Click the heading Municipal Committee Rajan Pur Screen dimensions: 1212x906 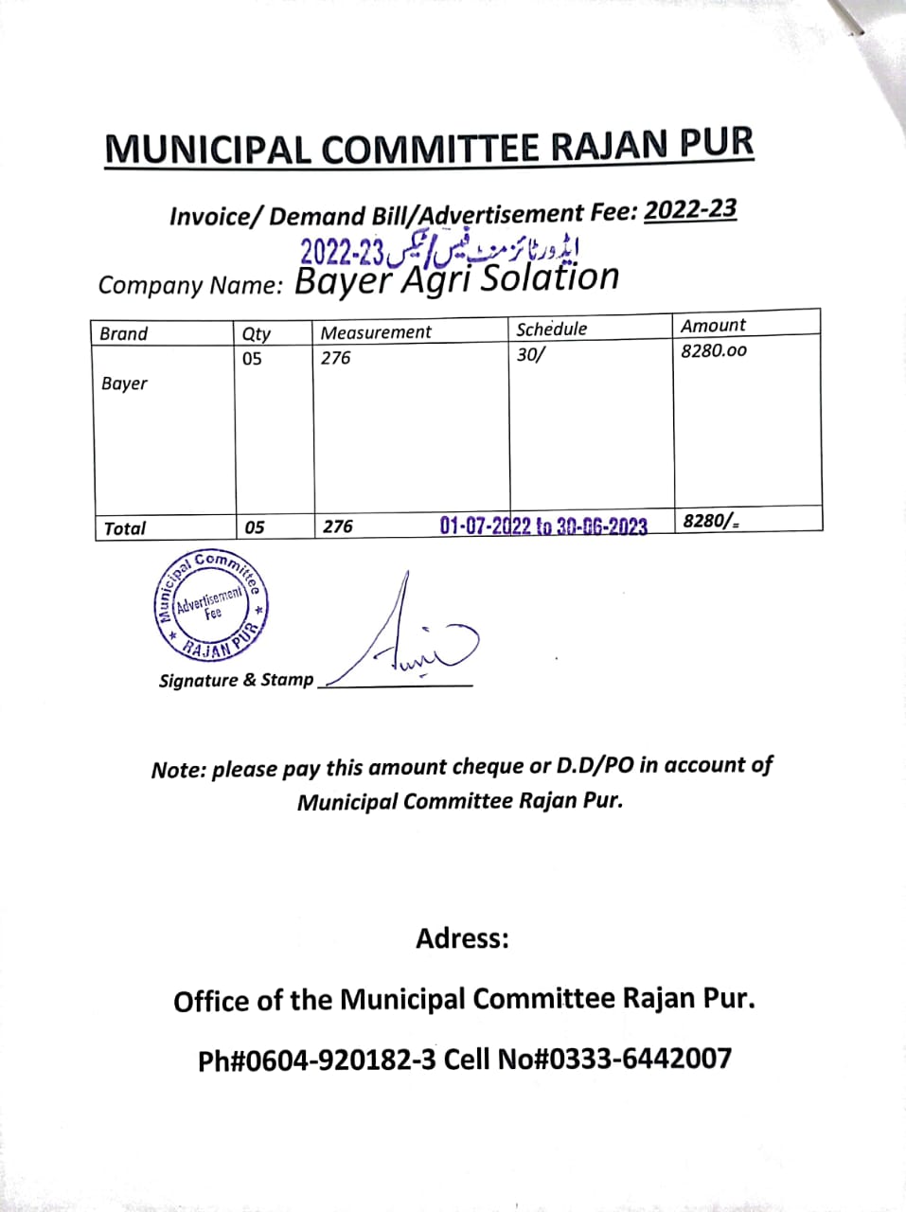[x=429, y=148]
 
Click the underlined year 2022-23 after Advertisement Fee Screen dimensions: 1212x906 [x=689, y=209]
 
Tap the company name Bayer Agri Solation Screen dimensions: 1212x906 [x=456, y=278]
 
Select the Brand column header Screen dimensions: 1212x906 [x=124, y=333]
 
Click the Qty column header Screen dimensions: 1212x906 [x=256, y=333]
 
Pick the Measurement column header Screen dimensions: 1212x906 [x=375, y=332]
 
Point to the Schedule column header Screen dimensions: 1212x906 [x=551, y=330]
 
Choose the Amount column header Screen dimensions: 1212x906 [x=713, y=326]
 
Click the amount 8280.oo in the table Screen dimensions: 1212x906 [x=713, y=350]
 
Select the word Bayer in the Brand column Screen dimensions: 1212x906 [x=124, y=383]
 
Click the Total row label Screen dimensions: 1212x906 [x=124, y=528]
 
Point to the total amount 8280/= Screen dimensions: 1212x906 [x=711, y=520]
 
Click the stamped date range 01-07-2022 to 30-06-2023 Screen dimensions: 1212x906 [x=543, y=526]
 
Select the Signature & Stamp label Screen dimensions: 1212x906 [x=236, y=680]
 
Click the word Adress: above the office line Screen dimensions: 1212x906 [x=462, y=938]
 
